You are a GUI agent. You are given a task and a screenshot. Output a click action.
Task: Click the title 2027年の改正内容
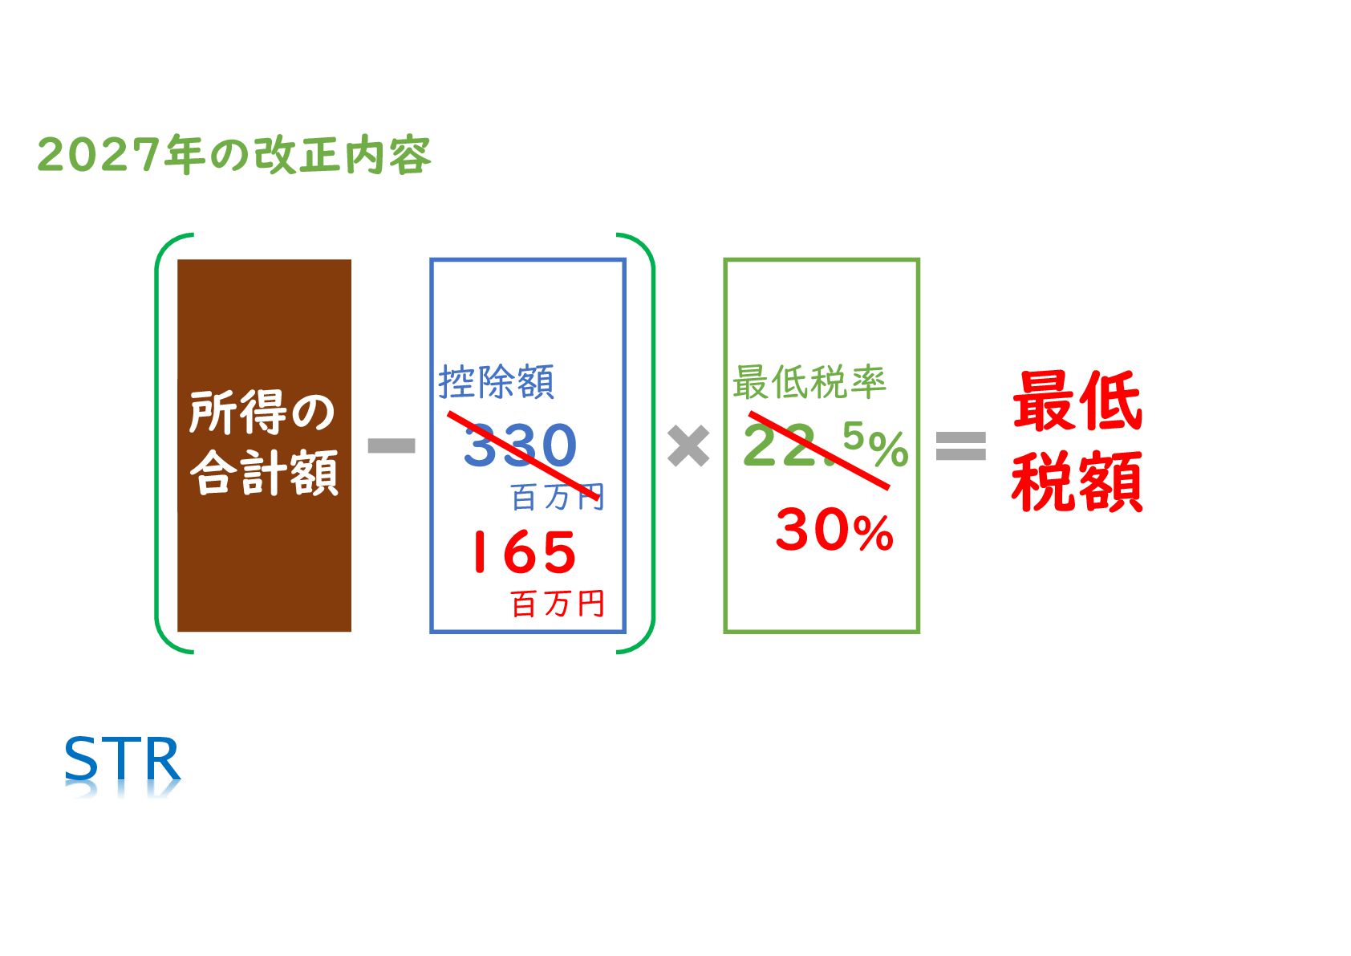click(x=233, y=154)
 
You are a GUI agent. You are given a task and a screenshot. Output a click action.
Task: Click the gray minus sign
click(x=392, y=445)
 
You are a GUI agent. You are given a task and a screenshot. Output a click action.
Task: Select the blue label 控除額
click(x=496, y=382)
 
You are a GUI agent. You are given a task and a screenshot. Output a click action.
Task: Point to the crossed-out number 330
click(x=520, y=445)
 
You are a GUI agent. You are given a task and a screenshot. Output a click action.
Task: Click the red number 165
click(x=523, y=552)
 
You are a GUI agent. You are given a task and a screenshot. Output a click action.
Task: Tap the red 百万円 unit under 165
click(x=558, y=604)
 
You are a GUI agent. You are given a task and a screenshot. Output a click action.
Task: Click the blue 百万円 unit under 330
click(x=557, y=498)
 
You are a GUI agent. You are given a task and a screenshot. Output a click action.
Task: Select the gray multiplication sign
click(x=688, y=446)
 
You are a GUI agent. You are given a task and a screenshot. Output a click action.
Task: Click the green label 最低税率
click(x=809, y=382)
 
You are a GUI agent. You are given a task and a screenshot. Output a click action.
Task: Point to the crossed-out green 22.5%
click(x=824, y=445)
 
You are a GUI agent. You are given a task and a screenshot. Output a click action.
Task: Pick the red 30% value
click(x=834, y=531)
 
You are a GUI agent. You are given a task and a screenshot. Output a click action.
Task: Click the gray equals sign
click(x=960, y=445)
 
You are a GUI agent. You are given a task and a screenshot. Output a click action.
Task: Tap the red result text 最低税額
click(x=1077, y=441)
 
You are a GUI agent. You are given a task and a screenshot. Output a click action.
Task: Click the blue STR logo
click(x=123, y=759)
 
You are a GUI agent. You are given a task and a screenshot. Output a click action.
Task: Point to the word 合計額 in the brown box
click(x=264, y=474)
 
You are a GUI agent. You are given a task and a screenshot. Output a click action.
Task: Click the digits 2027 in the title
click(x=99, y=154)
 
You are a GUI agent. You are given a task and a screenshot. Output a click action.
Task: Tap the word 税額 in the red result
click(x=1077, y=482)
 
